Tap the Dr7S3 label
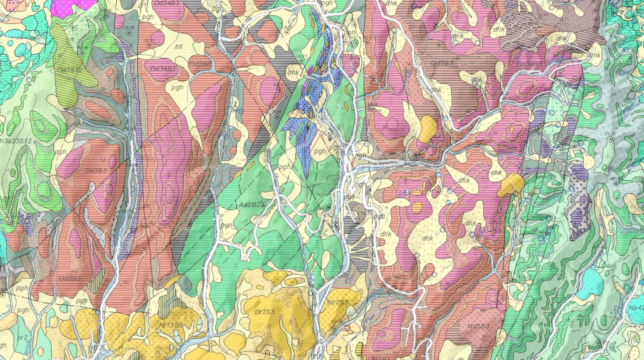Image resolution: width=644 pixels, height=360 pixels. pyautogui.click(x=265, y=312)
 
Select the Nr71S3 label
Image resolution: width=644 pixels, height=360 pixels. pyautogui.click(x=171, y=325)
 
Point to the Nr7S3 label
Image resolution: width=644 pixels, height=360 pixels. pyautogui.click(x=338, y=302)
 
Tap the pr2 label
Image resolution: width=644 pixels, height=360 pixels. pyautogui.click(x=22, y=338)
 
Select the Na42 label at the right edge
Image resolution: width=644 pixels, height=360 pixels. pyautogui.click(x=636, y=308)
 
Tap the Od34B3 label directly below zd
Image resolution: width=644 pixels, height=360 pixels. pyautogui.click(x=163, y=69)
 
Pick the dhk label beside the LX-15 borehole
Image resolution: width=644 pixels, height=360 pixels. pyautogui.click(x=293, y=72)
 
